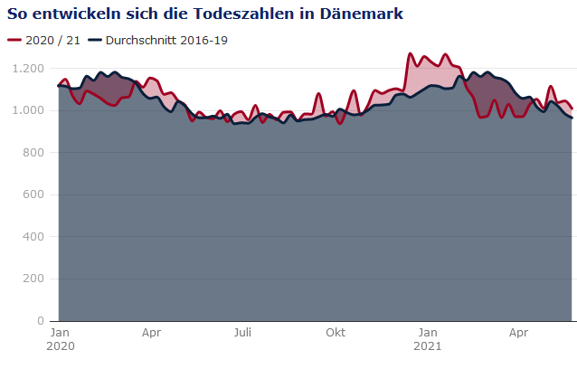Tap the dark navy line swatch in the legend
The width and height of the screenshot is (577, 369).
94,41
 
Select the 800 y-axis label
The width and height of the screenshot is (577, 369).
33,153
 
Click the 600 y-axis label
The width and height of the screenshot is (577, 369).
33,194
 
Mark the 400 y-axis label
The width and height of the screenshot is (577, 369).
33,237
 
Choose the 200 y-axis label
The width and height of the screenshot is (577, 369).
33,279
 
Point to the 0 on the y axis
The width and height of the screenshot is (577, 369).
40,321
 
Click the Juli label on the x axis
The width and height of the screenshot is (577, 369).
242,333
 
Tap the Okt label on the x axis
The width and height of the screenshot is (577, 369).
336,333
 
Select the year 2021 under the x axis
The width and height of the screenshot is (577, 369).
428,346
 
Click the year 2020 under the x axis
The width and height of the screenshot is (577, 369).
59,346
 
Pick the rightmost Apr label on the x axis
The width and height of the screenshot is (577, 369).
518,333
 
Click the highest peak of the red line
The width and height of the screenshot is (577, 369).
411,54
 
